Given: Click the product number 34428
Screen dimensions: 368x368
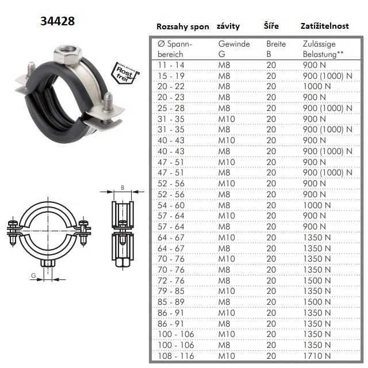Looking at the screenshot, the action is click(57, 21).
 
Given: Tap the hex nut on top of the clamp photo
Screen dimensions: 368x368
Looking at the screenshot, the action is click(68, 55).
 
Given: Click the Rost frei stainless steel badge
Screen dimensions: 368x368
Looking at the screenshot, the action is click(125, 73).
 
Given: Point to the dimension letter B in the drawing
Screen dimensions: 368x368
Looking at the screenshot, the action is click(122, 187).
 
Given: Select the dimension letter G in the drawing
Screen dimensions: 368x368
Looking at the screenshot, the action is click(33, 275).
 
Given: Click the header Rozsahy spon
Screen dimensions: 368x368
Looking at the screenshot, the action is click(183, 26).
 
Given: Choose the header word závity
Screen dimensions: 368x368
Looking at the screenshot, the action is click(228, 26).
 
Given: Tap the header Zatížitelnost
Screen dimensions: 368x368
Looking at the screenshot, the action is click(324, 26).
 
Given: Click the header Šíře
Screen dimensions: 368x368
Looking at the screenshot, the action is click(271, 25).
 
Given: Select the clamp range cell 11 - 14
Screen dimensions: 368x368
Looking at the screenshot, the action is click(171, 65).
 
